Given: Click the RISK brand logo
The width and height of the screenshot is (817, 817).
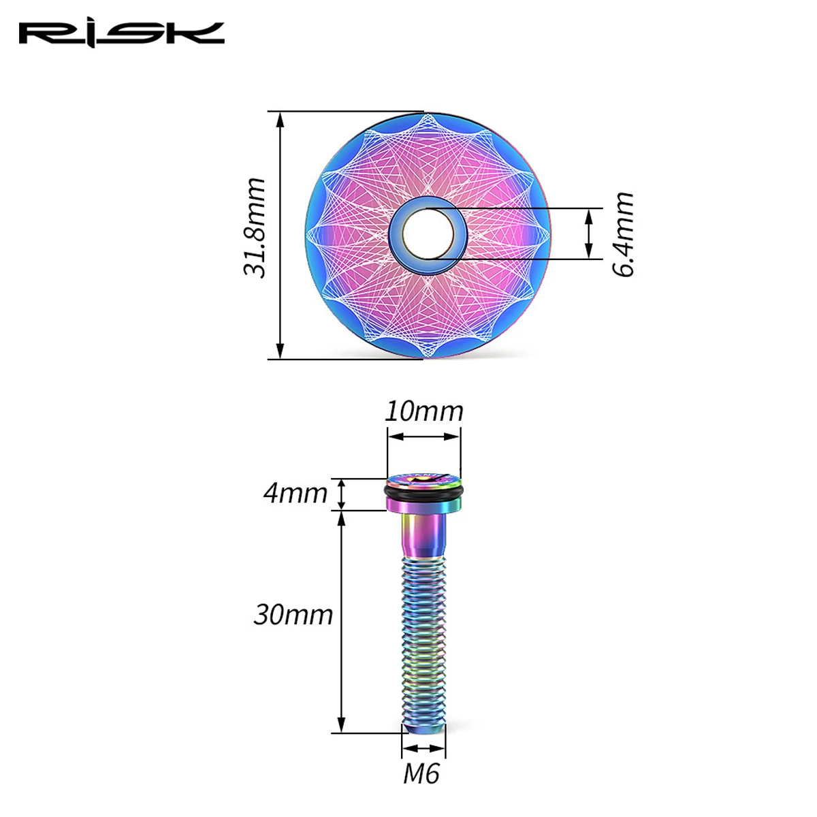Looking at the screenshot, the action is click(x=122, y=35).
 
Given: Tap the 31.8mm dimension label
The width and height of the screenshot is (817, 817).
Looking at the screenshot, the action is click(x=255, y=227).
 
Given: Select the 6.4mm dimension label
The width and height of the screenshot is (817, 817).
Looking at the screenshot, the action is click(x=623, y=234).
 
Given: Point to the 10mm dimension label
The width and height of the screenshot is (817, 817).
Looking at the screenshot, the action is click(x=423, y=411).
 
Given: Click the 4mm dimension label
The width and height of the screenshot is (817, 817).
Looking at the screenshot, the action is click(x=295, y=493).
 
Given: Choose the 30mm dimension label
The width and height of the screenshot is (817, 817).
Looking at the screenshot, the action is click(x=293, y=615).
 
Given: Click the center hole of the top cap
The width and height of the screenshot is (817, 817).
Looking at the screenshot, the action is click(x=428, y=234).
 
